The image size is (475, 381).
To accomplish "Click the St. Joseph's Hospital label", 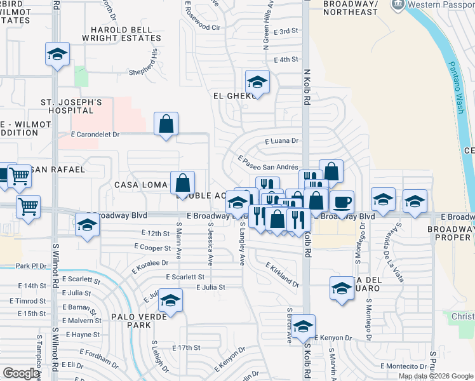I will [x=72, y=107].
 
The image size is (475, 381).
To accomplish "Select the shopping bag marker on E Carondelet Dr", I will [x=166, y=124].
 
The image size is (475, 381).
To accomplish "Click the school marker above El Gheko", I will [x=257, y=82].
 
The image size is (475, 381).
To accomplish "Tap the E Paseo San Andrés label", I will [x=268, y=163].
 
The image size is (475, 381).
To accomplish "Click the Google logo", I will [x=21, y=373].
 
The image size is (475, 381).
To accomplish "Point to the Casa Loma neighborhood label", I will [x=140, y=184].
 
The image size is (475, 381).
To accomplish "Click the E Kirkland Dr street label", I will [x=282, y=274].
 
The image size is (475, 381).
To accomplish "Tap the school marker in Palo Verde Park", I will [x=170, y=300].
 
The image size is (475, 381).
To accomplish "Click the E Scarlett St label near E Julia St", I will [x=185, y=277].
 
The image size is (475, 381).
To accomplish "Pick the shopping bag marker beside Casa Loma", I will [x=182, y=183].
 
